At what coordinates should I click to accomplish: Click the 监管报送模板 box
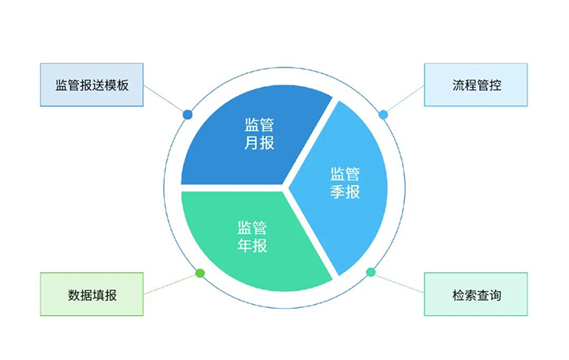[x=91, y=85]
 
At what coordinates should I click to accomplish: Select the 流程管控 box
[x=476, y=85]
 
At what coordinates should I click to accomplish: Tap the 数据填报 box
[x=91, y=294]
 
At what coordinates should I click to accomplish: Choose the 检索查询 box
[x=476, y=294]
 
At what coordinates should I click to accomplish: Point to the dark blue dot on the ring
[x=188, y=115]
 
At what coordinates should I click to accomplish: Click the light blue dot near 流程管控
[x=384, y=115]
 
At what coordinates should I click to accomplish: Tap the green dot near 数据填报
[x=200, y=273]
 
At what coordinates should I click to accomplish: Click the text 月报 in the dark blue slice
[x=259, y=144]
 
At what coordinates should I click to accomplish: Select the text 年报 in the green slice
[x=252, y=245]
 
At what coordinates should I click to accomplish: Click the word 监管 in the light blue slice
[x=345, y=173]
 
